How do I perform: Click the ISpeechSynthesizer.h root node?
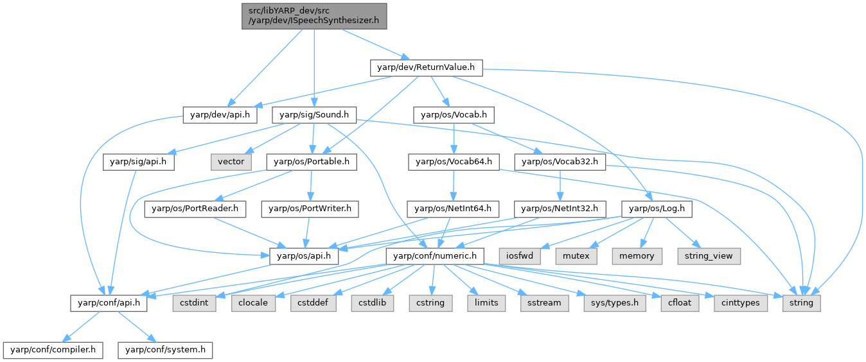pyautogui.click(x=314, y=15)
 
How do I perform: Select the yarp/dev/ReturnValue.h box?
pyautogui.click(x=426, y=67)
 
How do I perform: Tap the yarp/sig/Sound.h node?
pyautogui.click(x=314, y=115)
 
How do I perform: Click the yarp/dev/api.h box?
pyautogui.click(x=220, y=115)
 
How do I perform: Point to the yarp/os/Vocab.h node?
pyautogui.click(x=454, y=115)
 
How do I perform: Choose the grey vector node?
pyautogui.click(x=231, y=162)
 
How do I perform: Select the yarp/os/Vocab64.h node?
pyautogui.click(x=454, y=162)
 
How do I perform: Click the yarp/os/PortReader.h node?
pyautogui.click(x=195, y=209)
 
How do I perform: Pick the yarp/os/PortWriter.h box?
pyautogui.click(x=310, y=209)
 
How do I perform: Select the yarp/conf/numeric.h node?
pyautogui.click(x=435, y=255)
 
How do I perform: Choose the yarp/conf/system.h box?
pyautogui.click(x=165, y=350)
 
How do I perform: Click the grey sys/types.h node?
pyautogui.click(x=614, y=302)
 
